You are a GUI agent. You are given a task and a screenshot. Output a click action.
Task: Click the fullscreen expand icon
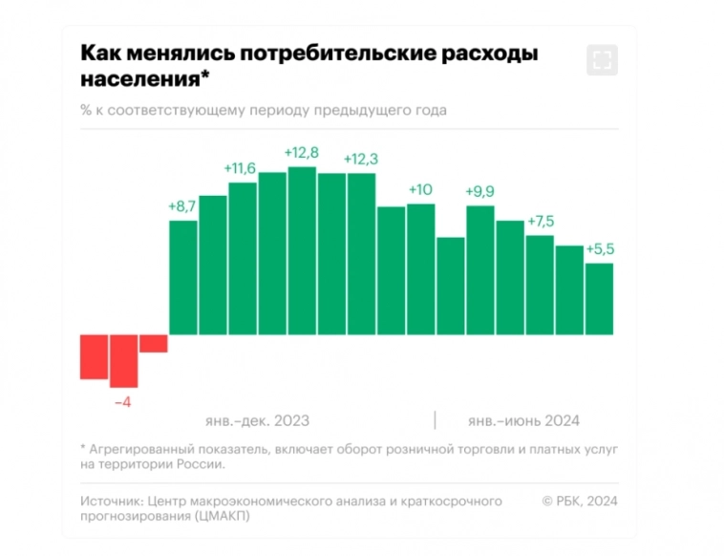pos(601,60)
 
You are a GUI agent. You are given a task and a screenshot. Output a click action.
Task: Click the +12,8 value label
pos(301,153)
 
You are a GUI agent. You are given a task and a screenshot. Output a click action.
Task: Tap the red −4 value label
pos(122,402)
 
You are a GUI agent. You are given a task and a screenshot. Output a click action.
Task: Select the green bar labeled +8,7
pos(182,277)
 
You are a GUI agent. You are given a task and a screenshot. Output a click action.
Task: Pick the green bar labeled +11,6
pos(243,258)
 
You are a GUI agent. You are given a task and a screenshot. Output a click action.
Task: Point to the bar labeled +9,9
pos(479,269)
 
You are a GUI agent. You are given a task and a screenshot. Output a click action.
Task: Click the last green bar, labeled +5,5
pos(599,298)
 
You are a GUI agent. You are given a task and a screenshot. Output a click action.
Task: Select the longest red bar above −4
pos(123,360)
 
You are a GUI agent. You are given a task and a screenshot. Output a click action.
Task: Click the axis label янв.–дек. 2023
pos(257,420)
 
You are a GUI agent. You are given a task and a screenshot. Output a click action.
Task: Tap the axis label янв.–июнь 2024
pos(523,420)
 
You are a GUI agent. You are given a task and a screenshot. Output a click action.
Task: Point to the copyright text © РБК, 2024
pos(580,500)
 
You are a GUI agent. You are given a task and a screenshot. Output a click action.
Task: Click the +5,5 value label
pos(599,248)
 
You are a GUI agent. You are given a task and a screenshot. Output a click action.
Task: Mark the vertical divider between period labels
pos(435,420)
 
